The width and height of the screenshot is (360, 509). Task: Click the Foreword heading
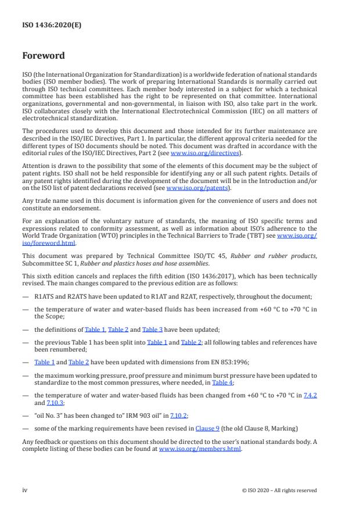coord(44,56)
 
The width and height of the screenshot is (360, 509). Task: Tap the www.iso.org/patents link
coord(190,188)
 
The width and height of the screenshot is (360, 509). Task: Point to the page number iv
coord(25,490)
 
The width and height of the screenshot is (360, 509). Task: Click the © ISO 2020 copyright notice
coord(279,490)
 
